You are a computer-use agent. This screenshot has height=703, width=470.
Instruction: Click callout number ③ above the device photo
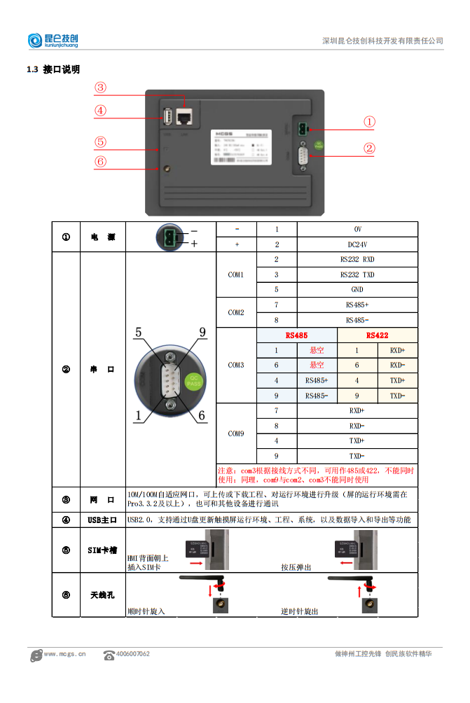pyautogui.click(x=101, y=88)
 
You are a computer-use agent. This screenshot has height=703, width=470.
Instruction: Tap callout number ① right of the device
pyautogui.click(x=369, y=121)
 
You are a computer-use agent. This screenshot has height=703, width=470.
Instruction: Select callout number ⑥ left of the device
pyautogui.click(x=101, y=162)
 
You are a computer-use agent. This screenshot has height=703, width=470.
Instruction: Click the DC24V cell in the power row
pyautogui.click(x=357, y=244)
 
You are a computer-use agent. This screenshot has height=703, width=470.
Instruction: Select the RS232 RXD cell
pyautogui.click(x=357, y=260)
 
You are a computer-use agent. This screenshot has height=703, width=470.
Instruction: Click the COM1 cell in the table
pyautogui.click(x=236, y=274)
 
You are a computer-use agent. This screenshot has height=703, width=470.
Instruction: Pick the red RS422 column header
pyautogui.click(x=377, y=335)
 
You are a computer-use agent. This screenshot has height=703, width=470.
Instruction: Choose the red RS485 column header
pyautogui.click(x=296, y=335)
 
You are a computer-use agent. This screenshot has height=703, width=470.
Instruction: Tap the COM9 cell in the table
pyautogui.click(x=236, y=433)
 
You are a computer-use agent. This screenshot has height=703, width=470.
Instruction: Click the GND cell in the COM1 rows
pyautogui.click(x=357, y=289)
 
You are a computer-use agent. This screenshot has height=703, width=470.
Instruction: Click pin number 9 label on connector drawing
pyautogui.click(x=202, y=333)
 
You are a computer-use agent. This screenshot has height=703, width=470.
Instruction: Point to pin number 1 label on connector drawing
pyautogui.click(x=139, y=415)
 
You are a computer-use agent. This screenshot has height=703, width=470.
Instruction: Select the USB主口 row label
pyautogui.click(x=102, y=520)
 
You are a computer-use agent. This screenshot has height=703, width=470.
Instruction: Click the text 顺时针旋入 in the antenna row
pyautogui.click(x=146, y=611)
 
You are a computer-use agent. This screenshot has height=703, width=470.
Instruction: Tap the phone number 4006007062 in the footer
pyautogui.click(x=132, y=654)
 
